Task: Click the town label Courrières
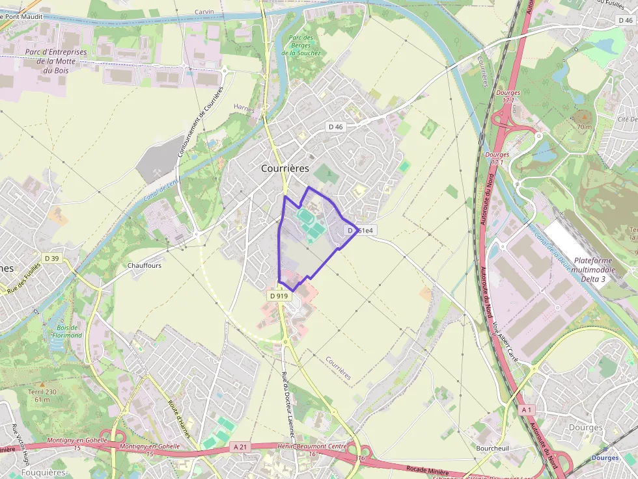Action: pos(284,168)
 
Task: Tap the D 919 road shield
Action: pos(278,296)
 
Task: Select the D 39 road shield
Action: pos(51,259)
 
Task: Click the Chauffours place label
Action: pos(145,266)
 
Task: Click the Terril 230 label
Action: pos(42,395)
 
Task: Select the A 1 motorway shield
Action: pos(527,410)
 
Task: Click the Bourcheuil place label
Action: pos(492,449)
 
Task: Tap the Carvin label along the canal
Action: pos(204,12)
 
